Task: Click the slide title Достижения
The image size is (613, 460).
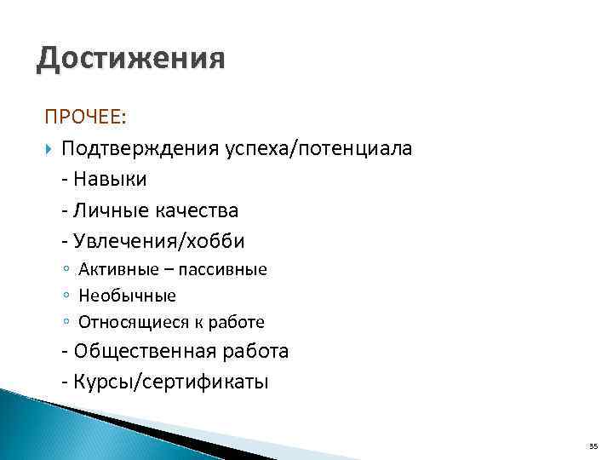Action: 131,60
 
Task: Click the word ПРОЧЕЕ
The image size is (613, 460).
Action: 83,117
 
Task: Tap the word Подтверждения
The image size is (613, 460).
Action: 140,149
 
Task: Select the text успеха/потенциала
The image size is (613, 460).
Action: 318,149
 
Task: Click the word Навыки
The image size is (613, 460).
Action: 110,180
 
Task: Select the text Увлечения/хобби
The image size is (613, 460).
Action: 159,242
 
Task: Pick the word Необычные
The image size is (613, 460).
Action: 127,296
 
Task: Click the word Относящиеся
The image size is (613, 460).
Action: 133,323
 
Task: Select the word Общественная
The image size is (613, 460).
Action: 146,351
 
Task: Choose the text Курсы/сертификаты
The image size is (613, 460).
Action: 171,382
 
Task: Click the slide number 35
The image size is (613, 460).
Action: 593,446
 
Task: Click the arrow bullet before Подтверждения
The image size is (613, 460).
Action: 49,149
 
